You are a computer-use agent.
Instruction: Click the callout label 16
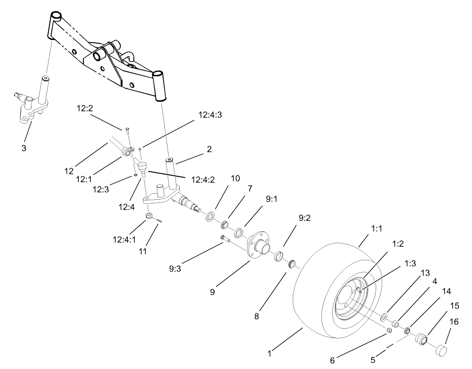pos(454,322)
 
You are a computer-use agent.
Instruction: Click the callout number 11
pos(143,251)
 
